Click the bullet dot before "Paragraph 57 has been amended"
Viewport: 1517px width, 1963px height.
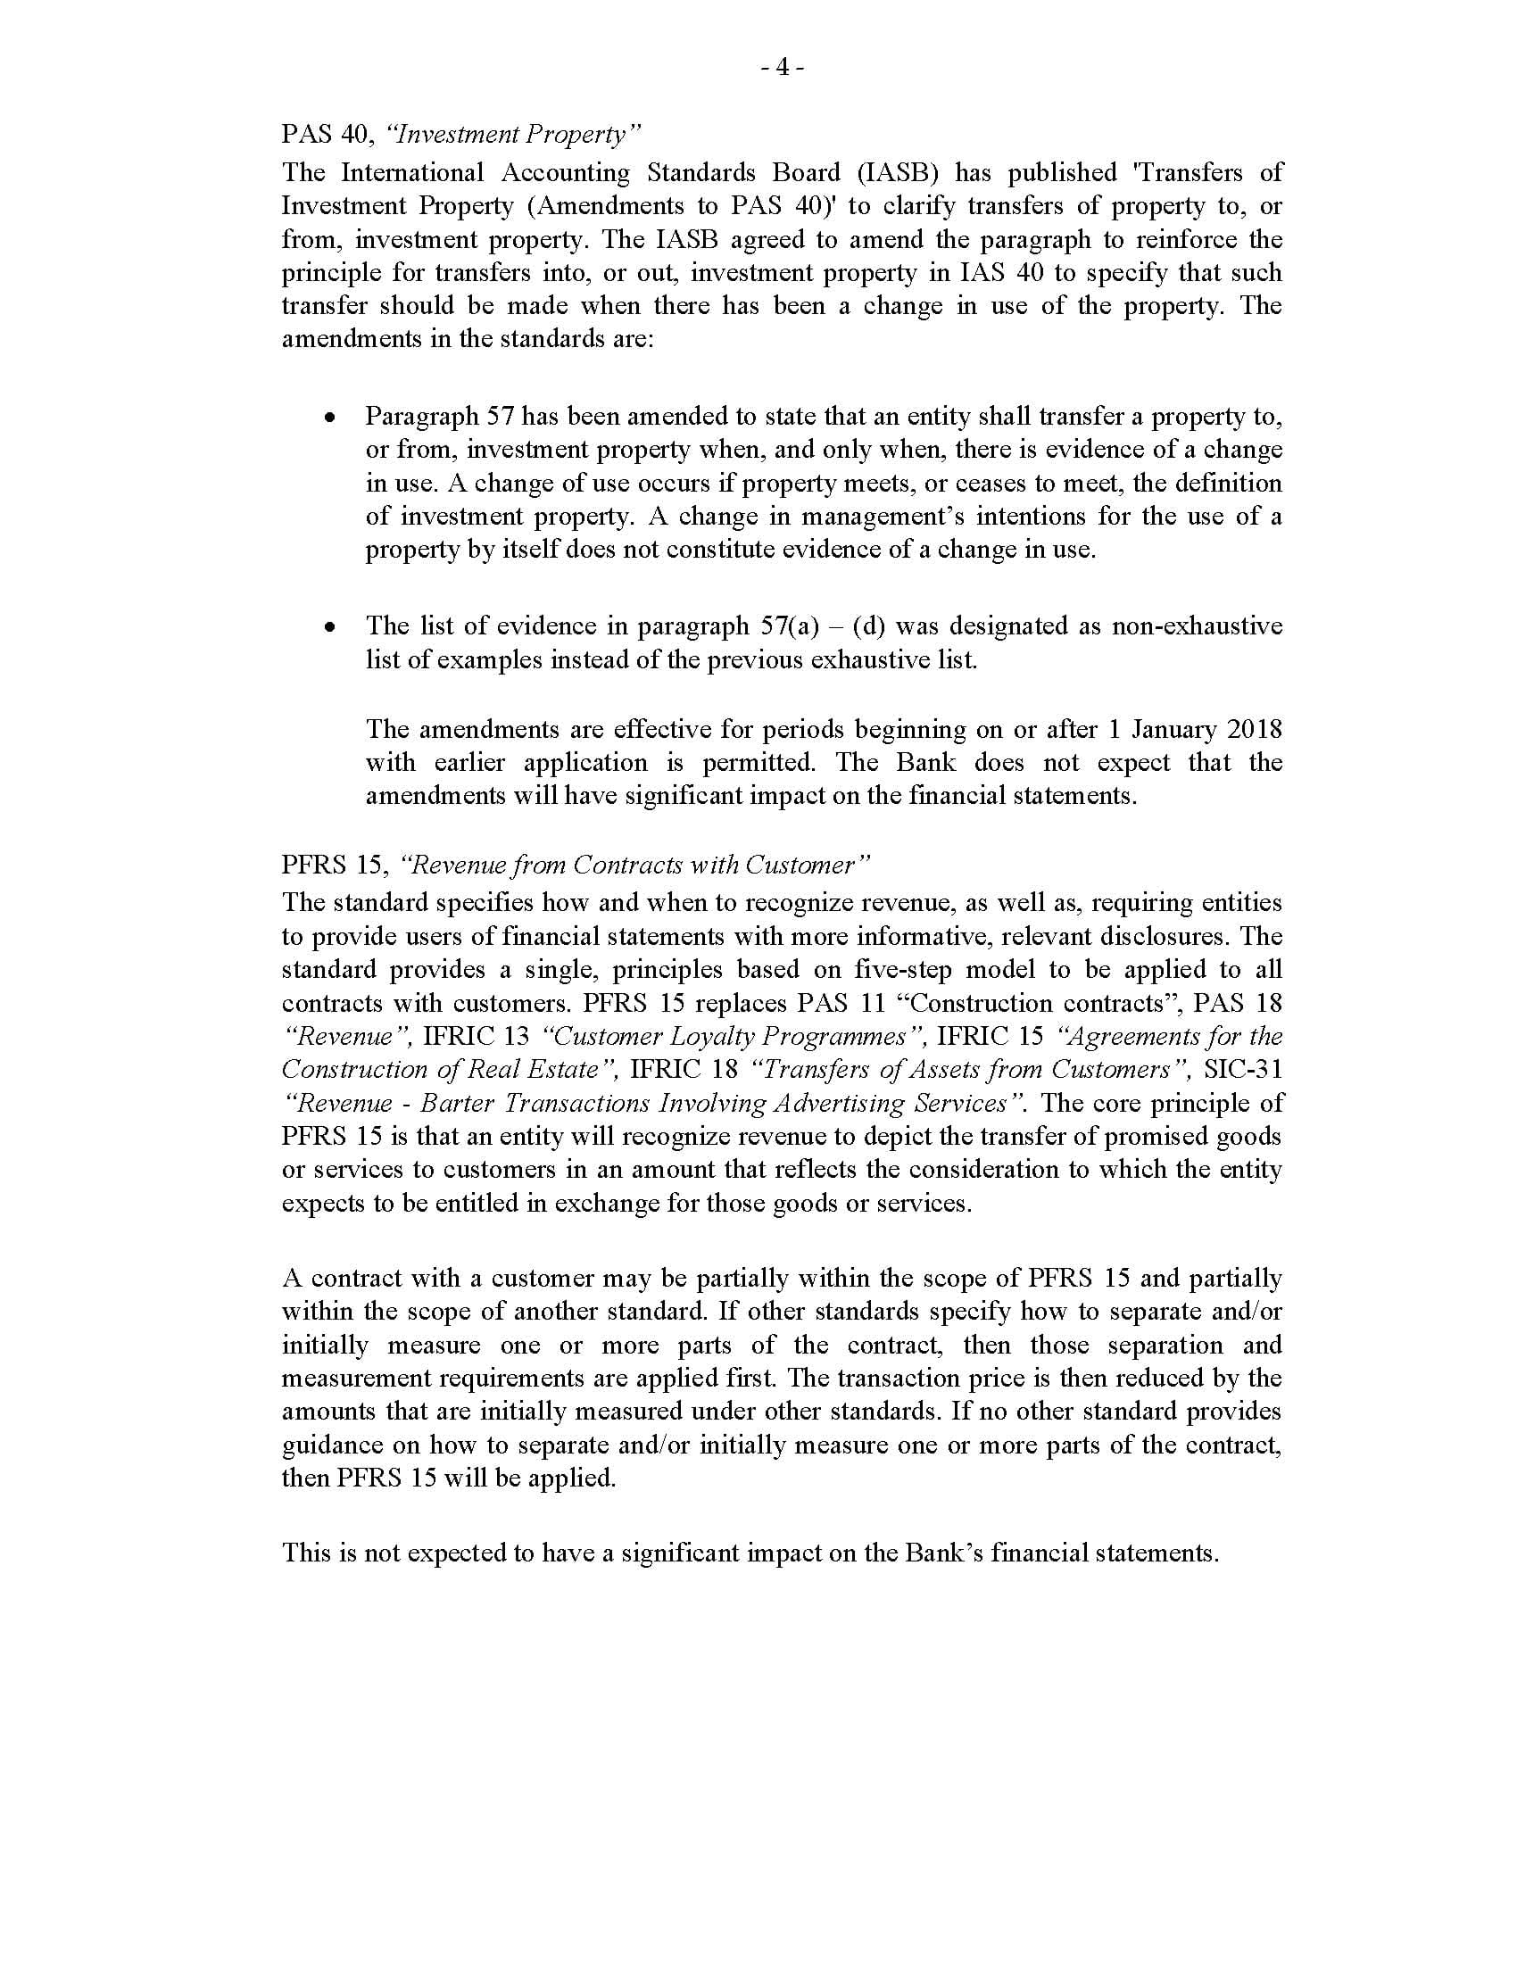(x=331, y=418)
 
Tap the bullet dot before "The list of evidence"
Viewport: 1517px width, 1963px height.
(x=331, y=627)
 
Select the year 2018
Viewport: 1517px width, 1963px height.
(x=1255, y=729)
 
